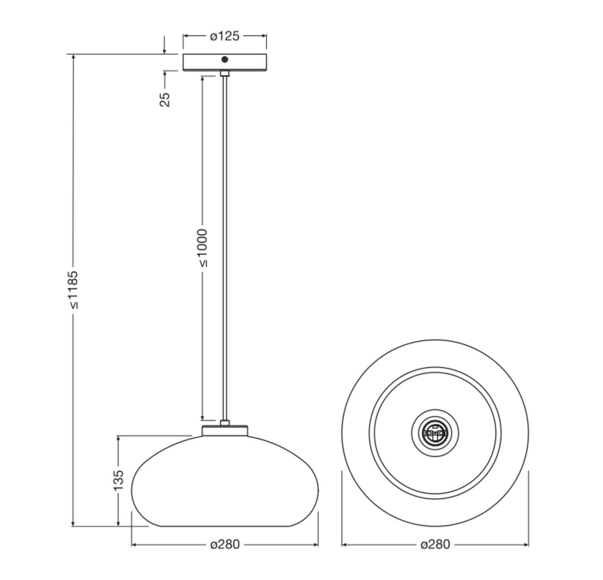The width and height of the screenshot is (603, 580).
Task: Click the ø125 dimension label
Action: [x=224, y=36]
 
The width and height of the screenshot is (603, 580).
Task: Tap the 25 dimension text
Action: [x=165, y=99]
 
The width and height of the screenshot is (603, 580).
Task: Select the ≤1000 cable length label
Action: [x=202, y=248]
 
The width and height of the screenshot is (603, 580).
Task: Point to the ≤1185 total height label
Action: [x=73, y=289]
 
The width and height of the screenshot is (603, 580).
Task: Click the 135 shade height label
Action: [x=119, y=480]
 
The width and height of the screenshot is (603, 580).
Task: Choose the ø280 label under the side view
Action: [x=225, y=544]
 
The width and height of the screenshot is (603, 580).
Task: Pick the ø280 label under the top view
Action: [x=435, y=544]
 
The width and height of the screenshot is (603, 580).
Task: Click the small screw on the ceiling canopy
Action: [x=225, y=59]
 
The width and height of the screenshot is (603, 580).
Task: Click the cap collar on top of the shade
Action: [x=225, y=431]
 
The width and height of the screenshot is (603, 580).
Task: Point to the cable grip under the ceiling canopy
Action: [x=225, y=74]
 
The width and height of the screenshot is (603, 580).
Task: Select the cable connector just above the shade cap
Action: [x=225, y=423]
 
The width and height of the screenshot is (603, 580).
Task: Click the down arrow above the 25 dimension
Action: [x=165, y=51]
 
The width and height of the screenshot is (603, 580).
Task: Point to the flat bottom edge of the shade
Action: [x=225, y=526]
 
